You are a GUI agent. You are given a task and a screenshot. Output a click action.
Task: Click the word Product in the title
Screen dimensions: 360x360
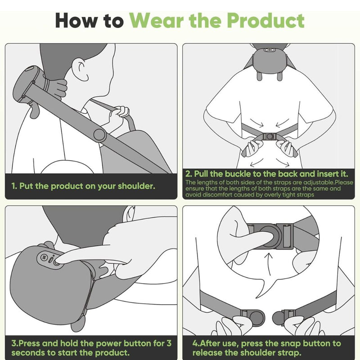[x=266, y=20]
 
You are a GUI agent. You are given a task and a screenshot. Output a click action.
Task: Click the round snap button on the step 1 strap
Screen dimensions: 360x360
[x=100, y=135]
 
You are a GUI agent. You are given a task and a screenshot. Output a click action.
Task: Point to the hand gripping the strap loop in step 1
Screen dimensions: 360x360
[x=119, y=117]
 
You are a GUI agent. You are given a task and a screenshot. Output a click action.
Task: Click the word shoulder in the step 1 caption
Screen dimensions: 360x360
[x=136, y=186]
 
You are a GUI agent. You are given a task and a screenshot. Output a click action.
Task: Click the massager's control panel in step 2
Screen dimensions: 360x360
[x=270, y=50]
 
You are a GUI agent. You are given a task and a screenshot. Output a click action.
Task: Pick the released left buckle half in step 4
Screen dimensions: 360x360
[x=252, y=318]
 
